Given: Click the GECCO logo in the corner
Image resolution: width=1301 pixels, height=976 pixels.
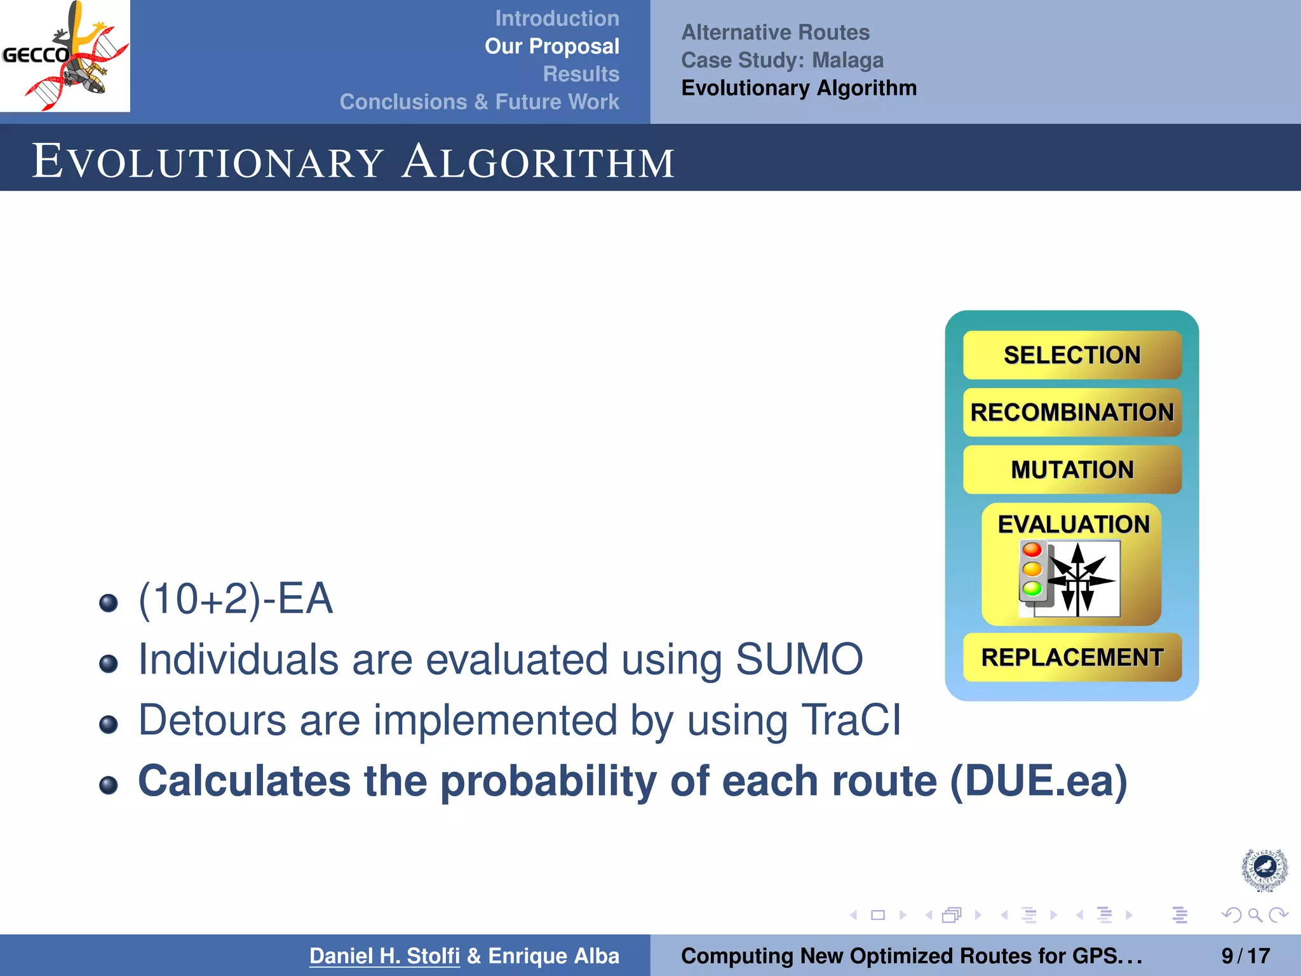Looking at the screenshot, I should click(x=65, y=56).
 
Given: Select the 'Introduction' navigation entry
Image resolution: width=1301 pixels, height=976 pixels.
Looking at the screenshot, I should click(x=556, y=18).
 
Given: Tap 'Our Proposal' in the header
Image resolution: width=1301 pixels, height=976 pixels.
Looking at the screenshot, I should click(x=551, y=46).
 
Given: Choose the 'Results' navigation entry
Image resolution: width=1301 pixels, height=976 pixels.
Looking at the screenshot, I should click(x=581, y=74).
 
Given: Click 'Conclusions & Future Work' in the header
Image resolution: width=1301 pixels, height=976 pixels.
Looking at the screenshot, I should click(x=479, y=102).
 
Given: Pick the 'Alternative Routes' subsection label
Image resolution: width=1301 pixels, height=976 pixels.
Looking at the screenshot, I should click(x=775, y=32).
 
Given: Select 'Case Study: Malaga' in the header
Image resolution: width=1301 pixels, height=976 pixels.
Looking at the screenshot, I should click(x=782, y=60).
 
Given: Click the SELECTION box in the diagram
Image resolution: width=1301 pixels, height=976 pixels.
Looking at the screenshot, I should click(x=1072, y=355).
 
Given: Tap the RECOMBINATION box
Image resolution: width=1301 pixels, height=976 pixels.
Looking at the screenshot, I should click(x=1072, y=412).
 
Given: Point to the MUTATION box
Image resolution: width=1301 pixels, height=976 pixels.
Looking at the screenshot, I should click(x=1072, y=470).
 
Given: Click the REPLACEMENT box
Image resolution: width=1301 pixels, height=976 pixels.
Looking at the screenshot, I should click(x=1072, y=657).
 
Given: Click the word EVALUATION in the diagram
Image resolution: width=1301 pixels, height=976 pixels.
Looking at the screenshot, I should click(x=1073, y=524).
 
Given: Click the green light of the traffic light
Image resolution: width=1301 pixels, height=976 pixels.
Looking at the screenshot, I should click(x=1032, y=588).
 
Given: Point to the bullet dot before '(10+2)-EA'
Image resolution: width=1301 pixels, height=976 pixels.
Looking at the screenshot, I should click(x=109, y=602).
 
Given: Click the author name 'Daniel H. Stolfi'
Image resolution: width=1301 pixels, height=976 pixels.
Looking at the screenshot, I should click(x=384, y=956).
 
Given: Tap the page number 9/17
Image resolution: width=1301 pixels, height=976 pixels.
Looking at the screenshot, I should click(x=1245, y=956).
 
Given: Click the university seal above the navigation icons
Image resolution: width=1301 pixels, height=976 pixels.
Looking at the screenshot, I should click(x=1264, y=869).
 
